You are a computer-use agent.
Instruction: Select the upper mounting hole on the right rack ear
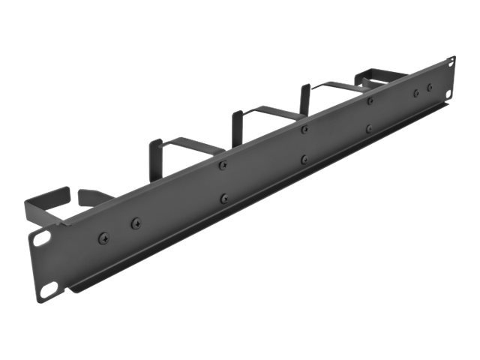(451, 61)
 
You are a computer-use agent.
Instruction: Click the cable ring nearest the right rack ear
(379, 75)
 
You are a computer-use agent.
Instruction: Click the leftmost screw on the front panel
(103, 238)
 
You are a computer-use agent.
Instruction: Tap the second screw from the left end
(136, 223)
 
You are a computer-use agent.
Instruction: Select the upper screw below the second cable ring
(223, 165)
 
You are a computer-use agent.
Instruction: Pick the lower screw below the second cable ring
(223, 199)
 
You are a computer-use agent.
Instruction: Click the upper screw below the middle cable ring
(304, 130)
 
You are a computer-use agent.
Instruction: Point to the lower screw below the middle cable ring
(304, 160)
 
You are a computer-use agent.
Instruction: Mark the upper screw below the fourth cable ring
(370, 101)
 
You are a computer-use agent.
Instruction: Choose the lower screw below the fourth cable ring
(369, 129)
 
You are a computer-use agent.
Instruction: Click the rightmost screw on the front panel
(430, 88)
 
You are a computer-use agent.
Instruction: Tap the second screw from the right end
(416, 94)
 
